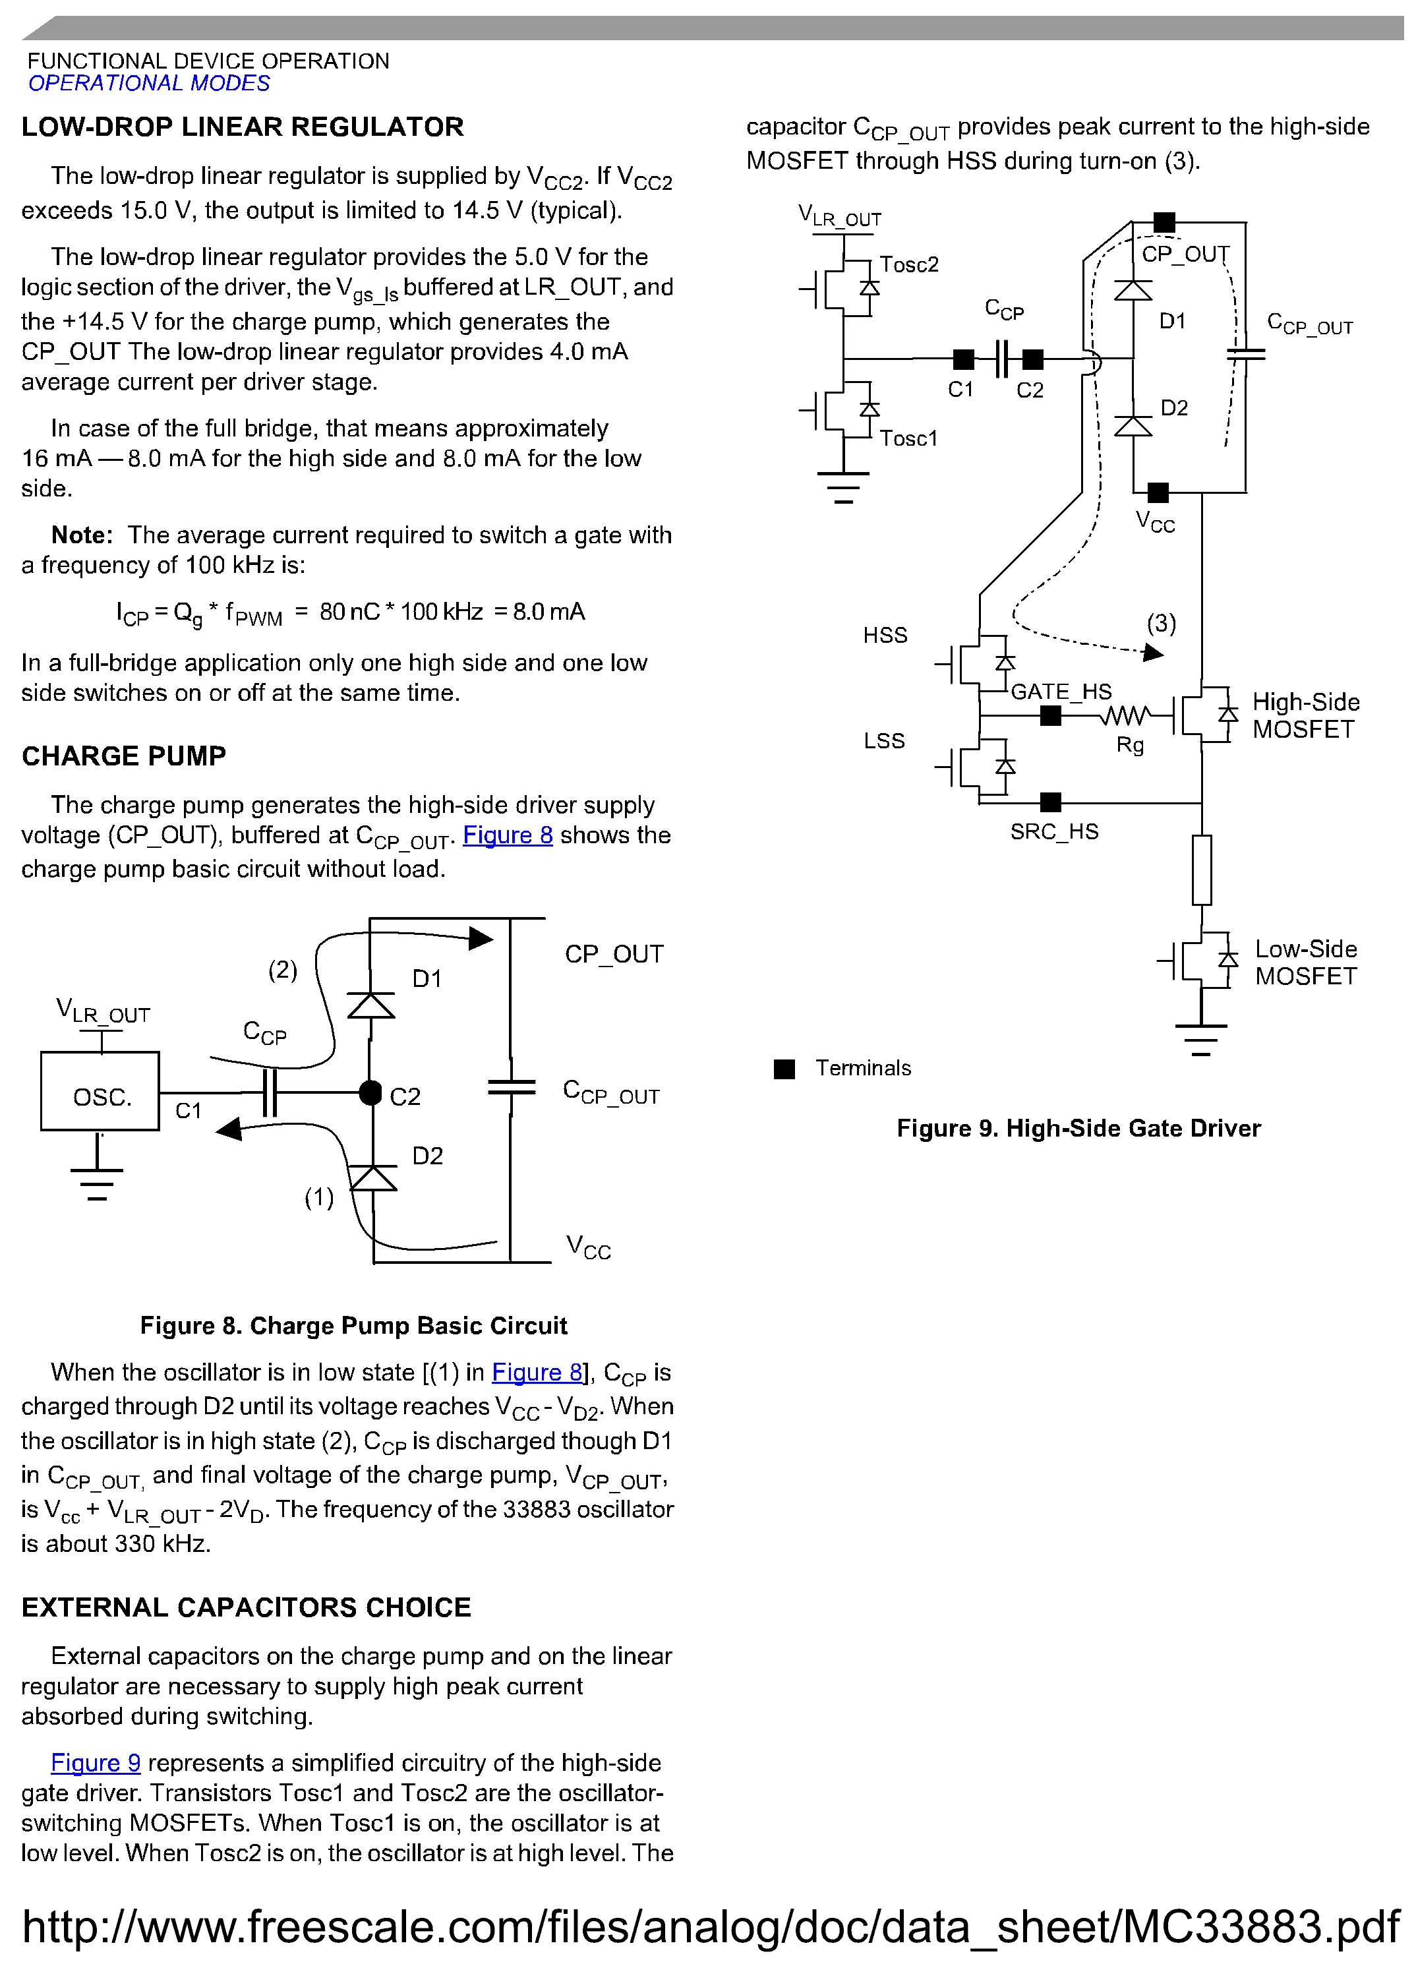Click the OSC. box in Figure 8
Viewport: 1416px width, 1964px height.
(x=100, y=1092)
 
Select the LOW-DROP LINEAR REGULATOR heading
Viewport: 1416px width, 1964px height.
(x=243, y=127)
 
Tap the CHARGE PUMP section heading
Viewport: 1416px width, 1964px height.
(x=124, y=756)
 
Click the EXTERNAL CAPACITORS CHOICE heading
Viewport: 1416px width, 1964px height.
(x=246, y=1607)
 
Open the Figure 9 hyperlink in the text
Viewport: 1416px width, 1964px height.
(x=96, y=1763)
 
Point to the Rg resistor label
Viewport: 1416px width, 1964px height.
(x=1130, y=745)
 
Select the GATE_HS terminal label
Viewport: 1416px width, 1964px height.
(x=1061, y=692)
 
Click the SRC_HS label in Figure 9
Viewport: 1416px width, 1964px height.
(x=1054, y=832)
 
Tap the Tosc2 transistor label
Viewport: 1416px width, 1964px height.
(x=908, y=264)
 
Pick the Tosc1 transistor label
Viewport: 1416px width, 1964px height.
(x=908, y=438)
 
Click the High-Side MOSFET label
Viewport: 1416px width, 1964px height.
(x=1305, y=715)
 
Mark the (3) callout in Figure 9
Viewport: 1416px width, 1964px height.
(x=1162, y=624)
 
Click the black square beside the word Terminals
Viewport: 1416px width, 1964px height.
(x=784, y=1069)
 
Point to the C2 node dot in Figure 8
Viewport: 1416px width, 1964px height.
(x=370, y=1093)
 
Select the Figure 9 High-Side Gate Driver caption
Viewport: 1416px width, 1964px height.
(x=1078, y=1128)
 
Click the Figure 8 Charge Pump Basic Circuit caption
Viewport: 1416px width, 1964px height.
(x=353, y=1326)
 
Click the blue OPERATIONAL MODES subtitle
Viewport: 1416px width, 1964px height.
(x=149, y=83)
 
